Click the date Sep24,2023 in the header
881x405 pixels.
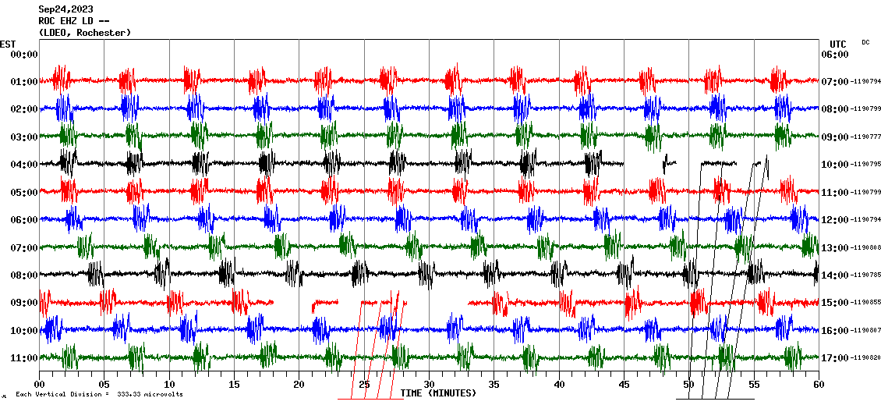click(65, 9)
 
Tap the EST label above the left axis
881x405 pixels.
click(7, 44)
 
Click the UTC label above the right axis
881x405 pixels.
click(837, 44)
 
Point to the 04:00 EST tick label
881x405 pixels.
click(23, 165)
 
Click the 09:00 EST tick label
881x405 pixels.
click(23, 303)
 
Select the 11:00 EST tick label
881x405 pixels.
click(23, 358)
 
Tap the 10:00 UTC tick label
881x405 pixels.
click(835, 165)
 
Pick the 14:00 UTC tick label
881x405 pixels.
click(835, 275)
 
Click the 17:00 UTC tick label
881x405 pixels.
click(835, 358)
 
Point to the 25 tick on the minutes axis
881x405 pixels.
click(364, 384)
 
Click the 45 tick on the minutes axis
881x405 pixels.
click(624, 384)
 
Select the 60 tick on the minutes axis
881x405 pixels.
click(818, 384)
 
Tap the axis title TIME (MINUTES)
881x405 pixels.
click(438, 393)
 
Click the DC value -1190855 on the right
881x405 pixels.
click(865, 303)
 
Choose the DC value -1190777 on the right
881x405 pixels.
click(865, 137)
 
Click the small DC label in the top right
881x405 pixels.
click(865, 42)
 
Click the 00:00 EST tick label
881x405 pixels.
click(23, 55)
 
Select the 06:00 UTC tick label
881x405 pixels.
click(835, 55)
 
